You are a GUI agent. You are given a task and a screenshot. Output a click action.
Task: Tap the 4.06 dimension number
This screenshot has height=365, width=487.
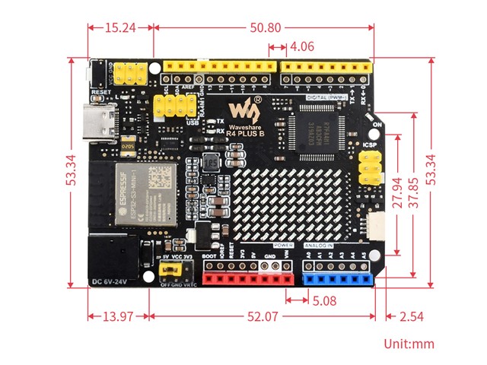click(x=301, y=46)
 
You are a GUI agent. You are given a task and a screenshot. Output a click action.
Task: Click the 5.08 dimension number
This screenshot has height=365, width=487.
click(x=324, y=300)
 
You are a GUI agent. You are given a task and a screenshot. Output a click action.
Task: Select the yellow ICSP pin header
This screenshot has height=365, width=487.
click(x=370, y=167)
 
